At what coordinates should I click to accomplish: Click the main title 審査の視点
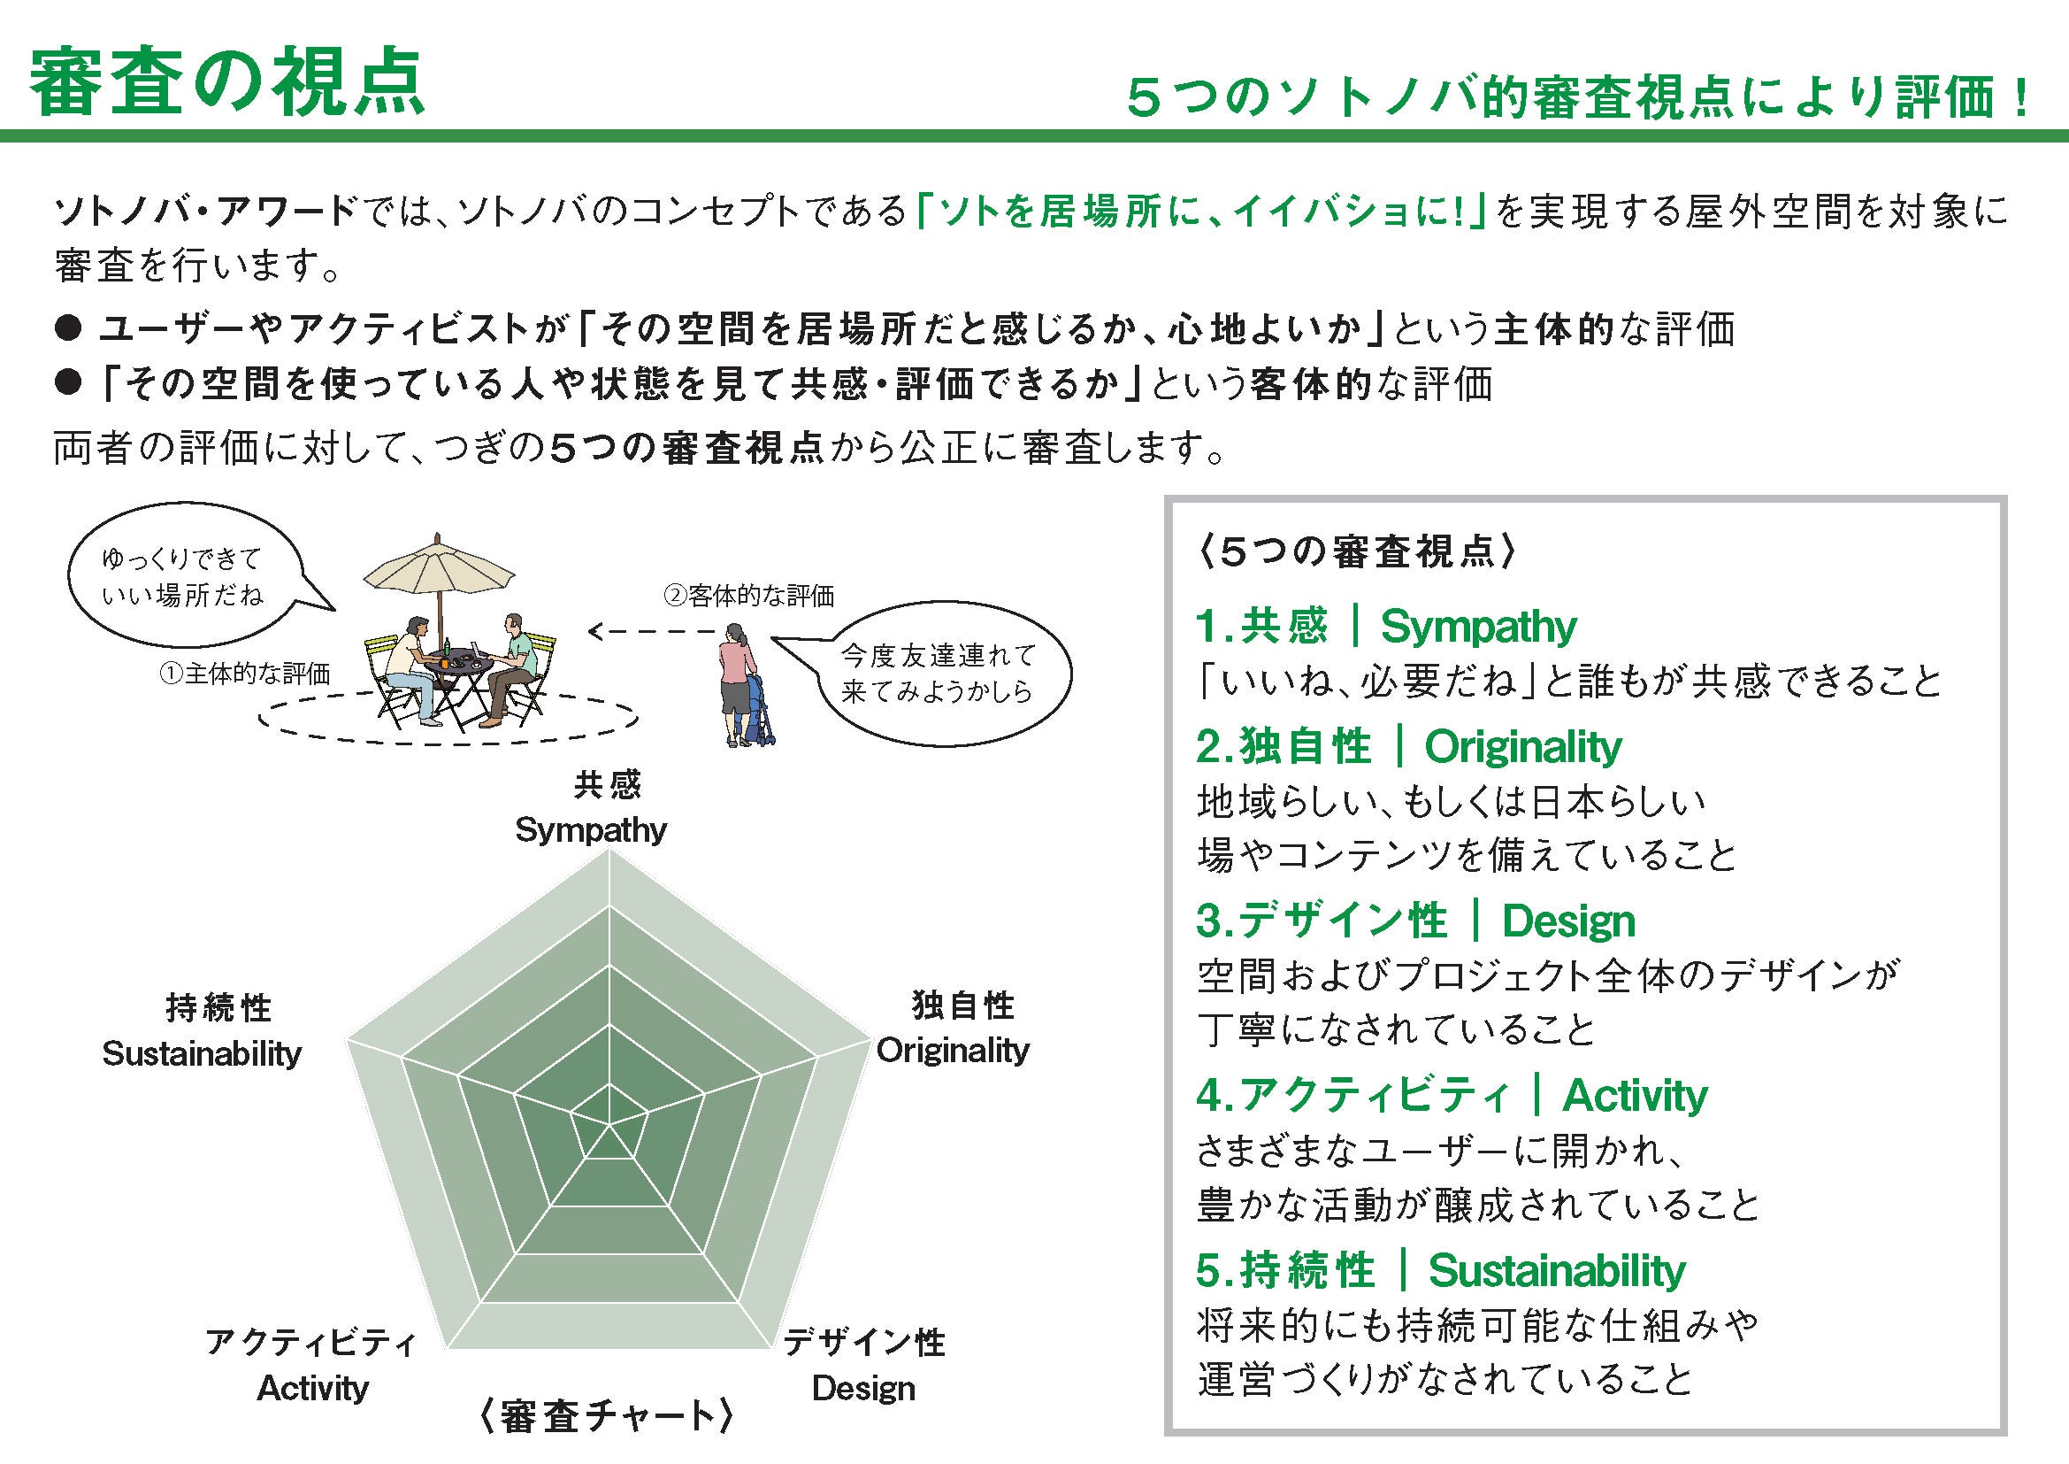pos(227,83)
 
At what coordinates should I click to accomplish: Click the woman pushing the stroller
pos(738,690)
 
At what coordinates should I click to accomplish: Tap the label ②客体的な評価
pos(749,596)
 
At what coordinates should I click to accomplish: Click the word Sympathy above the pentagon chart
pos(590,829)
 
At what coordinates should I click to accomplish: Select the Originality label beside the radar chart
pos(953,1051)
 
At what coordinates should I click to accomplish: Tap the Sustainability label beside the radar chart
pos(202,1053)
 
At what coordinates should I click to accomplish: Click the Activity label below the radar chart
pos(312,1388)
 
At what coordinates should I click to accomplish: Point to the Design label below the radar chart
pos(863,1388)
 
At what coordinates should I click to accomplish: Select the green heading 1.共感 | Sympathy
pos(1386,627)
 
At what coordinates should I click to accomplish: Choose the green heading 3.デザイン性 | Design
pos(1414,921)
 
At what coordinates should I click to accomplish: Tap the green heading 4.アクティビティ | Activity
pos(1451,1095)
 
